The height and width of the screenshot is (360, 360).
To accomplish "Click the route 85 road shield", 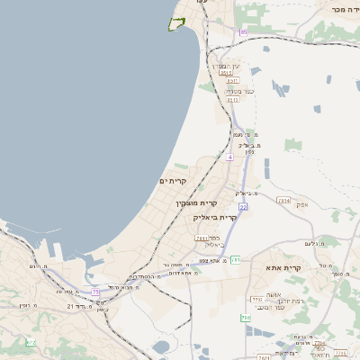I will (243, 32).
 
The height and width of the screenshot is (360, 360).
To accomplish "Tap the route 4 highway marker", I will (230, 157).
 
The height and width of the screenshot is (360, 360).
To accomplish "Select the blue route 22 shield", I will (243, 207).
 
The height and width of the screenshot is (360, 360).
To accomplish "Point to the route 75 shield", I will (95, 292).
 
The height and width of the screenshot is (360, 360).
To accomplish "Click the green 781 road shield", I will (236, 259).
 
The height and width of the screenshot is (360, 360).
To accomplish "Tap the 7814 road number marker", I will (284, 200).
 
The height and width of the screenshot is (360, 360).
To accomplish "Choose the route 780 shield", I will (245, 318).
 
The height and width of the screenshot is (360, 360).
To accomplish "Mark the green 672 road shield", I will (31, 342).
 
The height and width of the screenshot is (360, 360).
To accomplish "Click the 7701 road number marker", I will (256, 299).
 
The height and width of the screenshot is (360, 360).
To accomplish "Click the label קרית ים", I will (172, 181).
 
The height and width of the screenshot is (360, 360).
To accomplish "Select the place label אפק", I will (301, 205).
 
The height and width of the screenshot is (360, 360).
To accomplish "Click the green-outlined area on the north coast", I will (176, 22).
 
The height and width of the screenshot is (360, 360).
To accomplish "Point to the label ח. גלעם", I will (314, 243).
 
